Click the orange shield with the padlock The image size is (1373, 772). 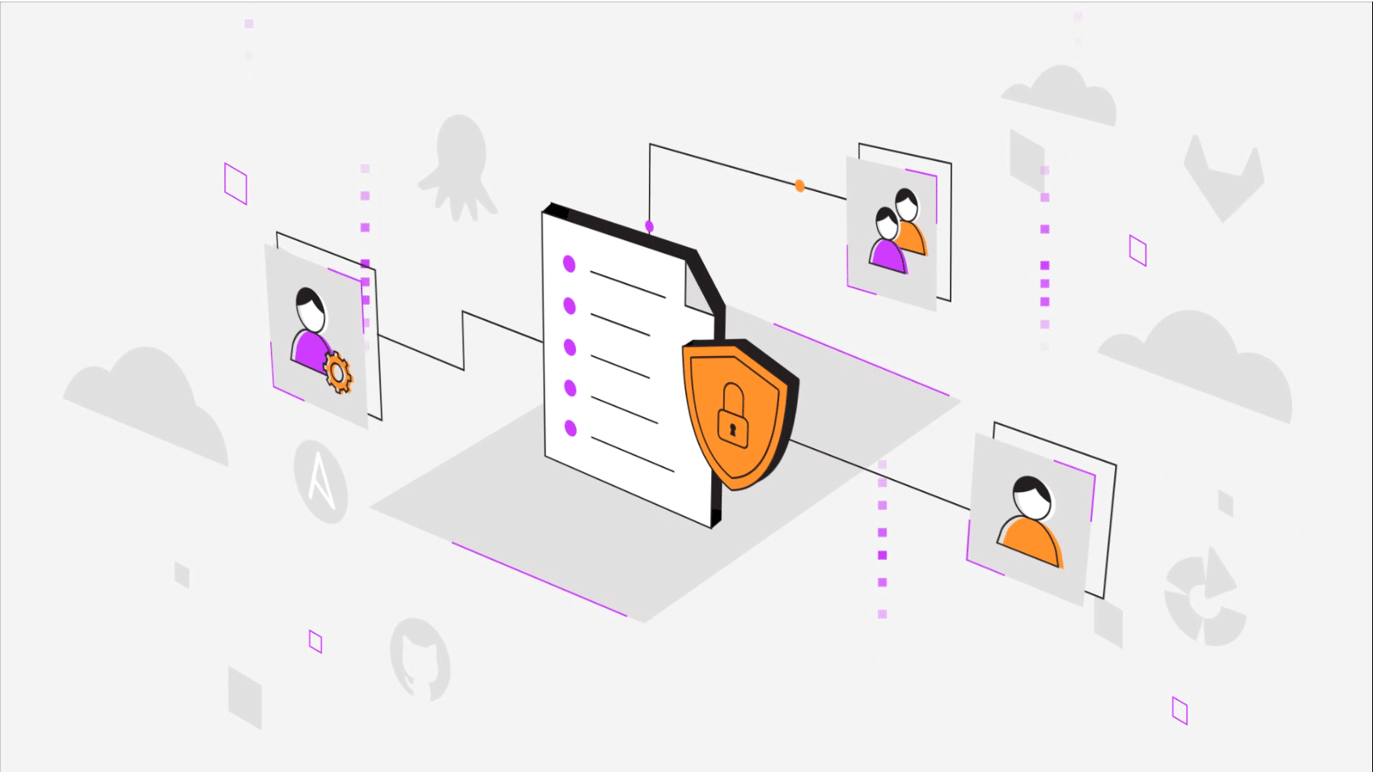738,414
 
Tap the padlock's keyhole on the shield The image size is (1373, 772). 732,429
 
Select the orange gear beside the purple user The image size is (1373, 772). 338,372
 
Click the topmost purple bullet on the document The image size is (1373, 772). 570,264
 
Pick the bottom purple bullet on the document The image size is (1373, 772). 570,428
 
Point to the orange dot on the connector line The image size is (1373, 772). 799,186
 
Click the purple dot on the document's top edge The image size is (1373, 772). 649,226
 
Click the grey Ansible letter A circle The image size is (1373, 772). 321,481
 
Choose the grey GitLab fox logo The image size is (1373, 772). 1223,178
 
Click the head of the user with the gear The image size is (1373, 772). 310,308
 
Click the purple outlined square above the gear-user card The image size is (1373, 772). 235,184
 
